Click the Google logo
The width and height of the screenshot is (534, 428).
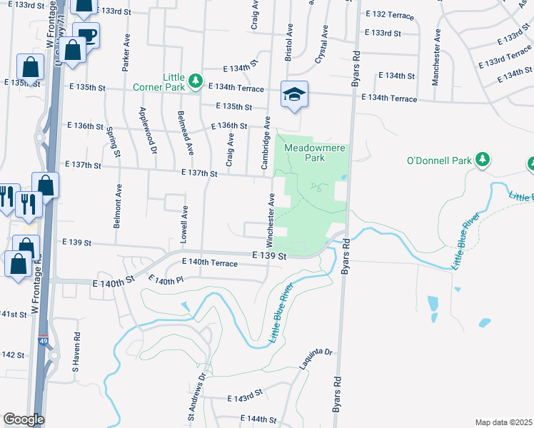[x=24, y=419]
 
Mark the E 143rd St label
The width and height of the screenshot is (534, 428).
[x=246, y=396]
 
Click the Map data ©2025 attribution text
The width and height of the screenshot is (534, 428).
[x=503, y=422]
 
